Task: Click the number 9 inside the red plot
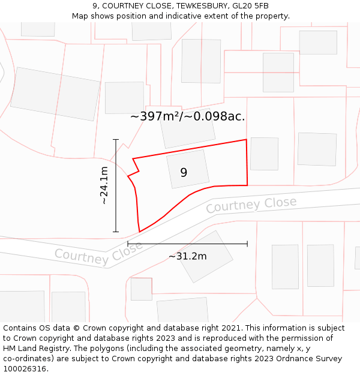pos(184,173)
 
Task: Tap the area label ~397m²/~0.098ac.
pos(187,116)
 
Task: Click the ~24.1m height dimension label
pos(104,185)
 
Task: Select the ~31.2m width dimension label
pos(187,256)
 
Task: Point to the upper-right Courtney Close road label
pos(251,205)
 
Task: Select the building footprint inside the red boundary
pos(188,169)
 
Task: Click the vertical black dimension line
pos(116,185)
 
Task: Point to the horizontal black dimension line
pos(187,244)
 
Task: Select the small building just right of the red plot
pos(264,154)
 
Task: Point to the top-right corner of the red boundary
pos(246,140)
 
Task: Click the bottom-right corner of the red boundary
pos(247,185)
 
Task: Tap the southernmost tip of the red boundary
pos(139,232)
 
